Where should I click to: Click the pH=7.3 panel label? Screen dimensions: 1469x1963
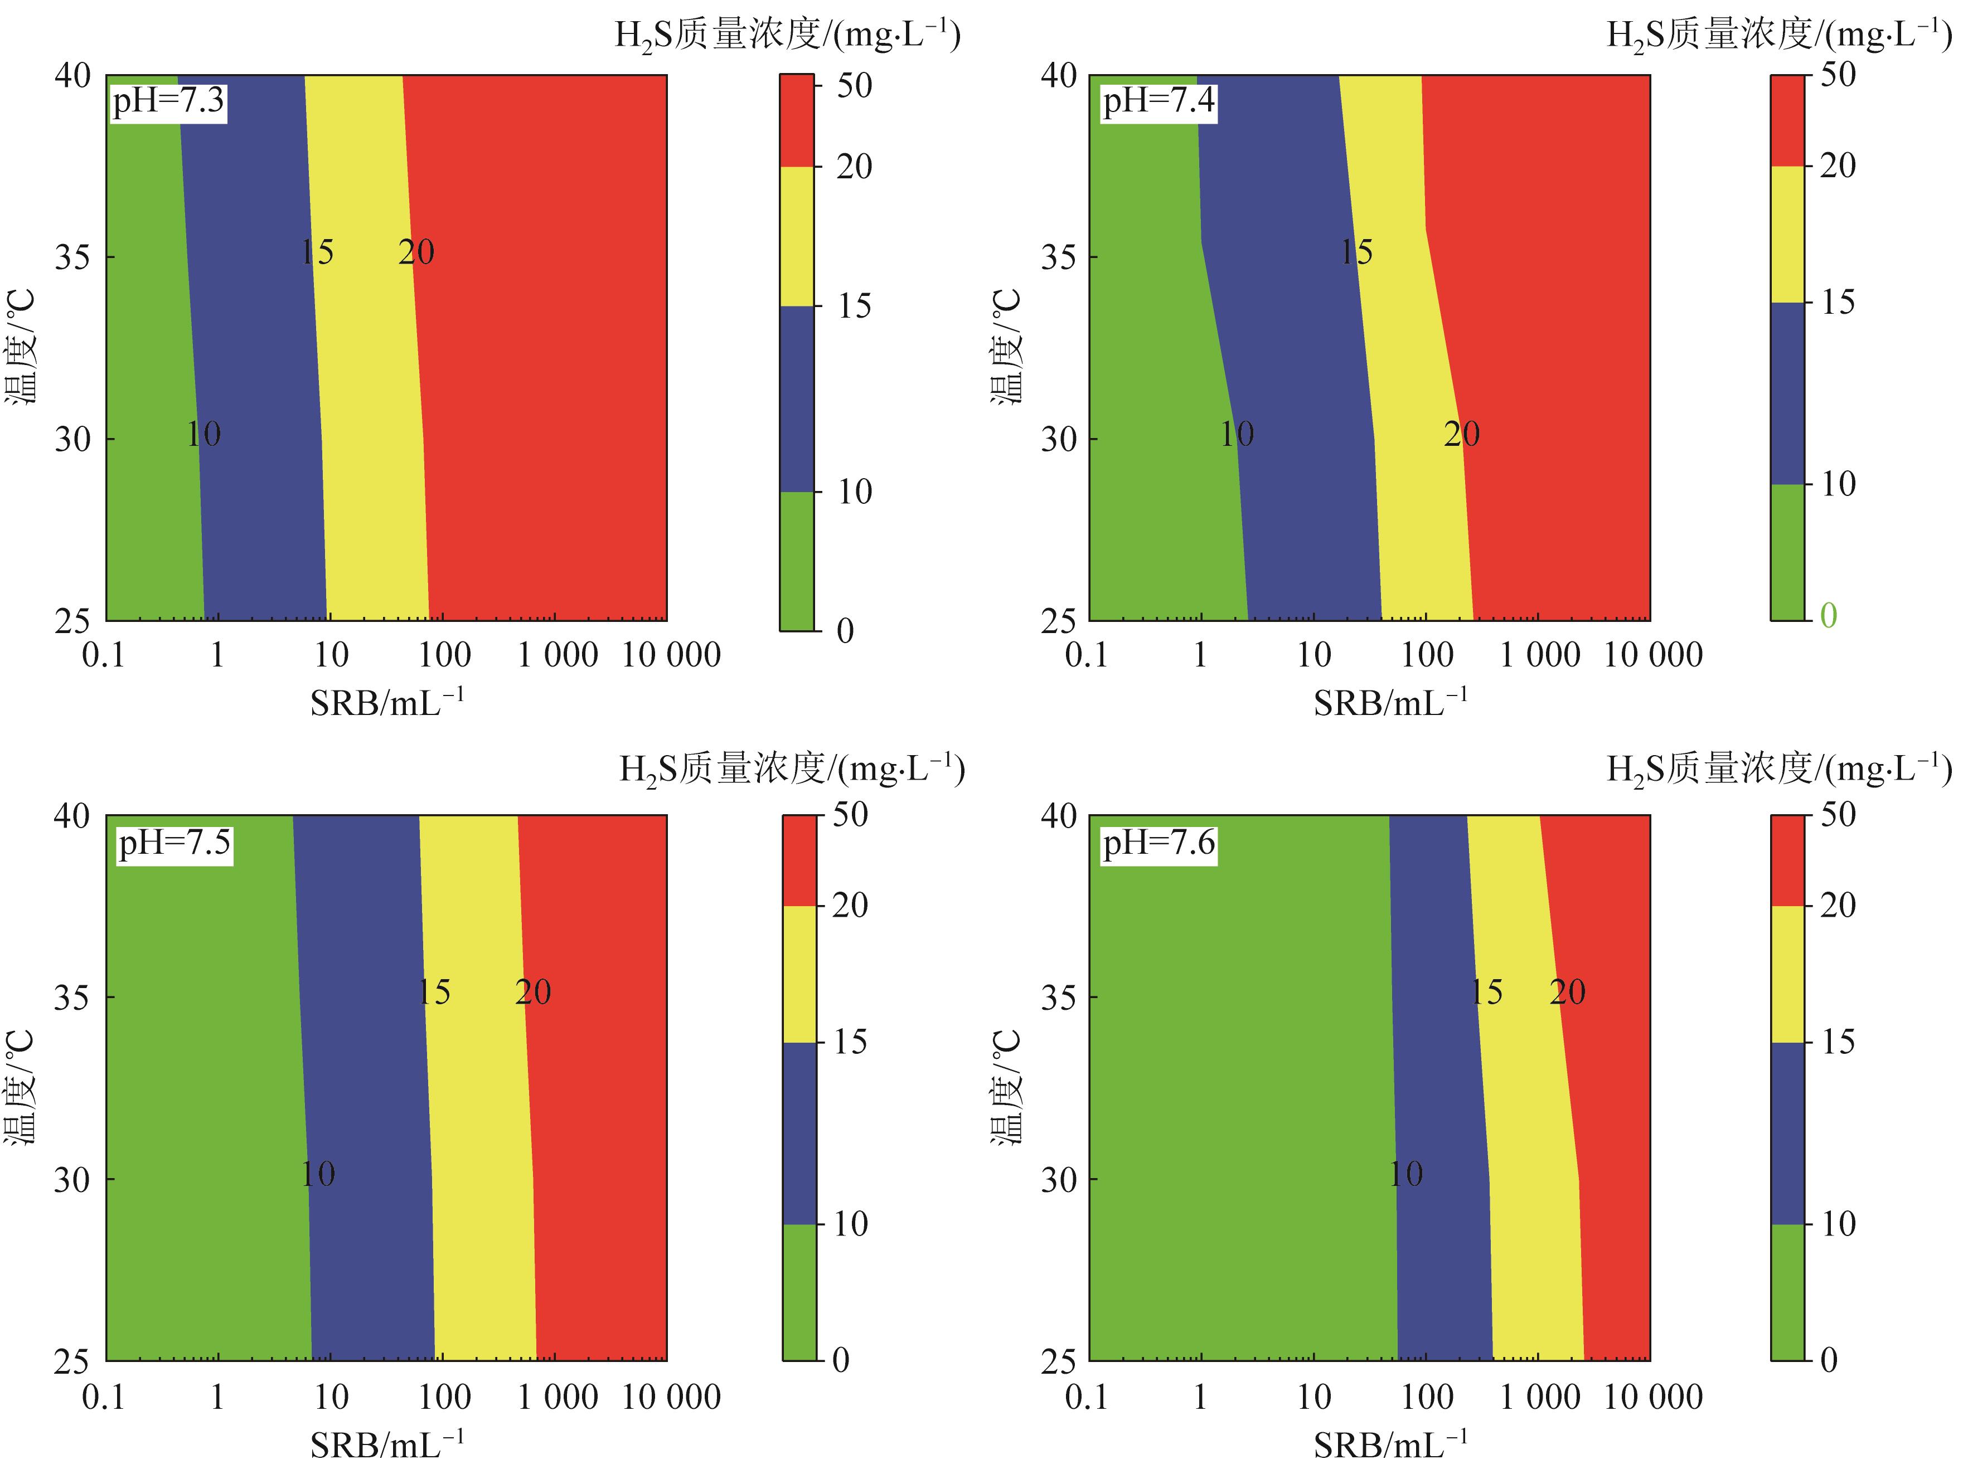[168, 101]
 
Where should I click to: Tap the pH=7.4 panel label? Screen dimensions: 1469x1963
[1158, 101]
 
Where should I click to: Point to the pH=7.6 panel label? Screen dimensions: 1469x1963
[1158, 842]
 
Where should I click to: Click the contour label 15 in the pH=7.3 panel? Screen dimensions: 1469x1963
[317, 253]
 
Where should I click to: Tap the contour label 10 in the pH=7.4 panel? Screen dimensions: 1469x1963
[1236, 435]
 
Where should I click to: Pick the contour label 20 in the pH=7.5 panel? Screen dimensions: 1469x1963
[534, 992]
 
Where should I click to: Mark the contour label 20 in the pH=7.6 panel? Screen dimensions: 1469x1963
[1567, 992]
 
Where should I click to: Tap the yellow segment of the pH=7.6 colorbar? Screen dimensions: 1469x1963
[1787, 973]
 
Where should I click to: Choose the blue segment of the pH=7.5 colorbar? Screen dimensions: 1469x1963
[799, 1133]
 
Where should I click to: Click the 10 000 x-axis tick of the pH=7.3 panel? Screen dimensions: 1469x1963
[671, 655]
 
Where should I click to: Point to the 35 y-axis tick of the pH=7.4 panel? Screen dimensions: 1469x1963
[1057, 257]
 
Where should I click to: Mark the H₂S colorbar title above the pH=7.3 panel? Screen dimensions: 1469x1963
[787, 36]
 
